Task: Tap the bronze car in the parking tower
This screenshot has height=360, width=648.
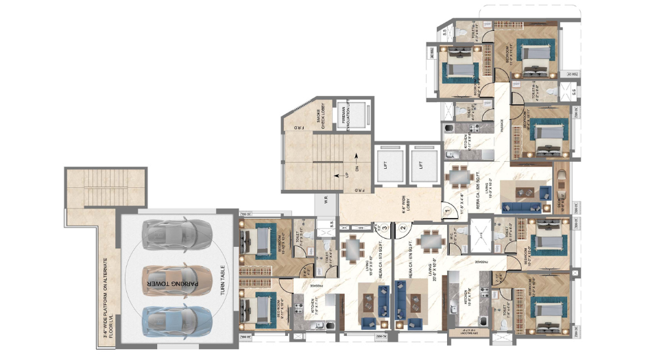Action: click(177, 277)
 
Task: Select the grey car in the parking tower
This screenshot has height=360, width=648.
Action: click(177, 235)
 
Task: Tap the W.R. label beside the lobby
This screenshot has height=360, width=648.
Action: click(326, 203)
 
